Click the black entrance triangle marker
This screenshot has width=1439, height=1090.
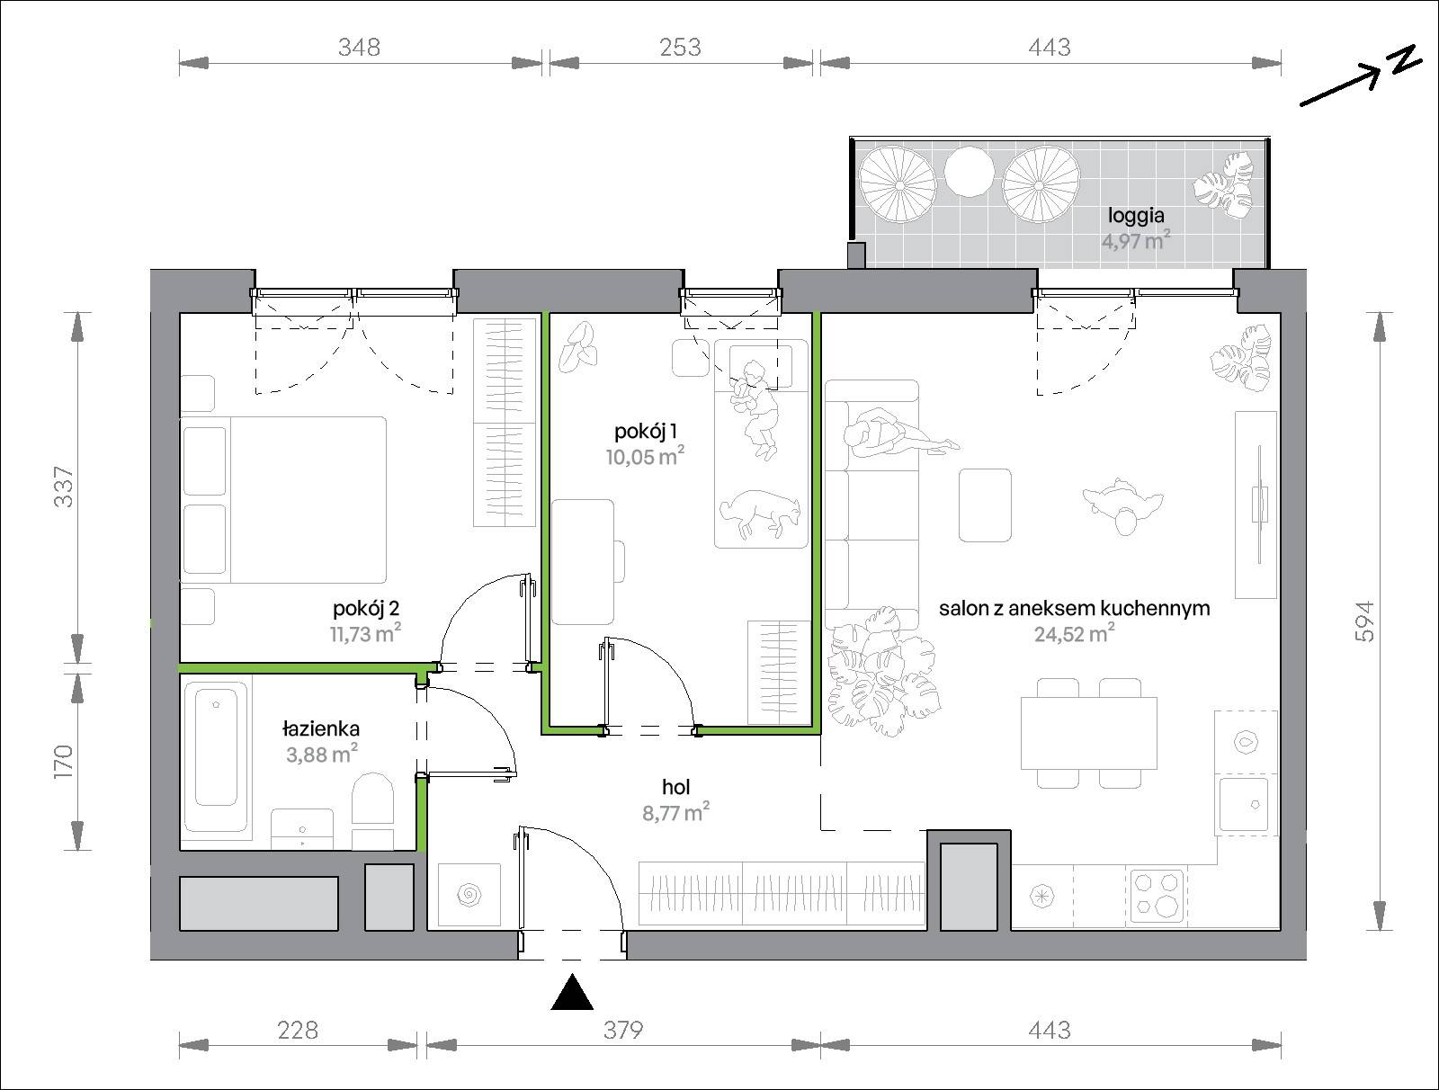click(572, 992)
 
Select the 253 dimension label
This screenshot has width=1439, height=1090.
click(680, 47)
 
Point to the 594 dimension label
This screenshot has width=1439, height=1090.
click(1363, 621)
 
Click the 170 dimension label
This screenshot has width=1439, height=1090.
click(64, 762)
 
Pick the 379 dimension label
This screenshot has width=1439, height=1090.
click(622, 1031)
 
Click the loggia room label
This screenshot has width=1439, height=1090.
click(1136, 215)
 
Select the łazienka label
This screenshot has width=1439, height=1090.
click(321, 728)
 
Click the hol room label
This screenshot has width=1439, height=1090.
click(676, 787)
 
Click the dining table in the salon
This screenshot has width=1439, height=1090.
click(1089, 733)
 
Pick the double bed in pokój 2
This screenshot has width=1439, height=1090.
click(283, 499)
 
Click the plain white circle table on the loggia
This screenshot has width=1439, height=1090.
click(969, 170)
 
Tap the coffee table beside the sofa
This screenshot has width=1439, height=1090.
click(985, 505)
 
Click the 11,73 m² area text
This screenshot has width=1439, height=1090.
click(365, 633)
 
